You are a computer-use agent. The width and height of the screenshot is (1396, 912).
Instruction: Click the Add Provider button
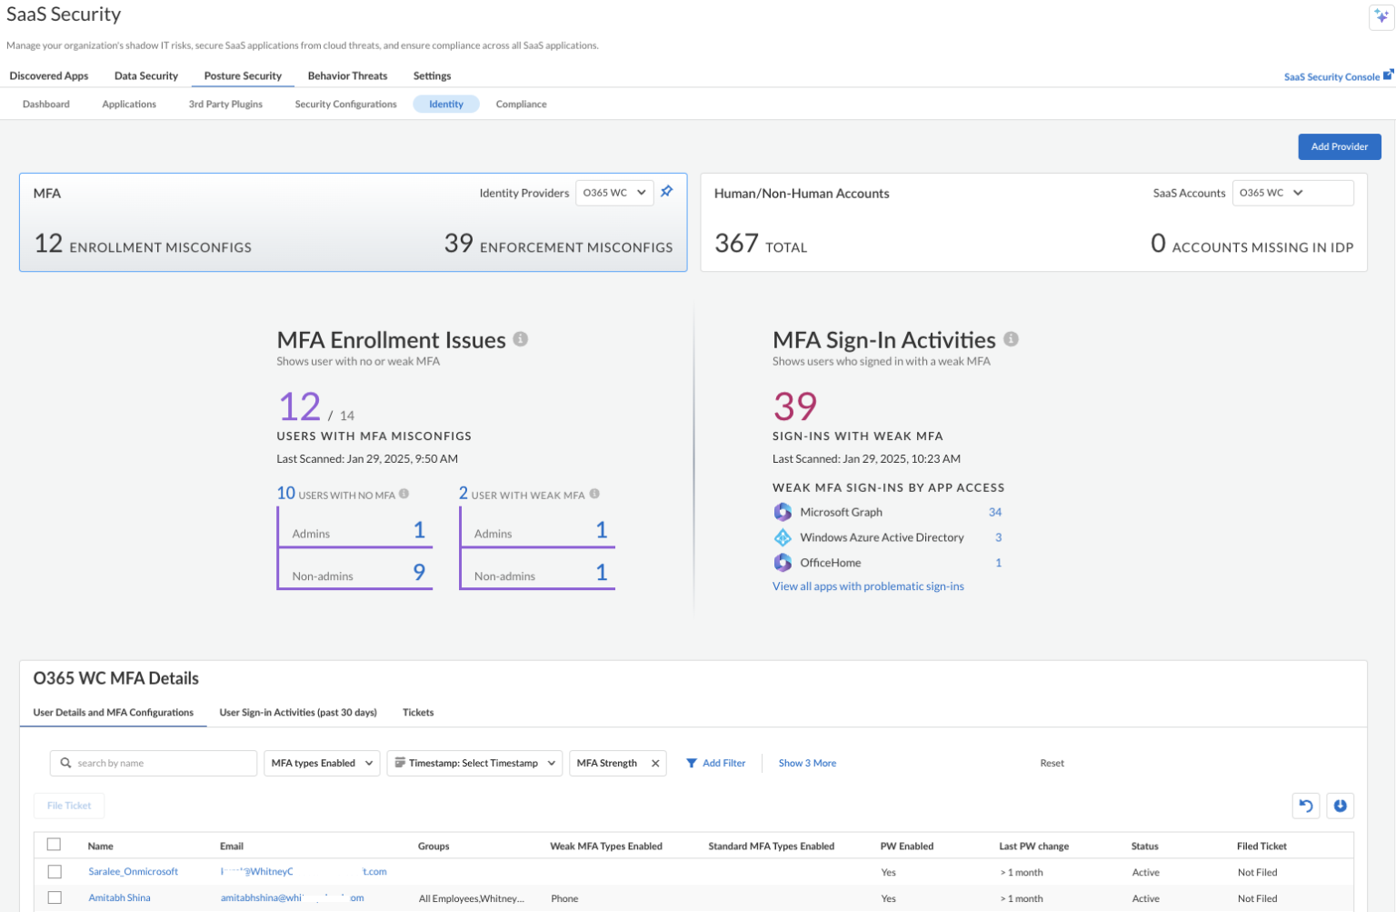[x=1339, y=146]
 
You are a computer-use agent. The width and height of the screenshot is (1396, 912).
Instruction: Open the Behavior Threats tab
[x=347, y=76]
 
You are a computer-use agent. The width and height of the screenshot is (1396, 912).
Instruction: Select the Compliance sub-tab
[x=521, y=105]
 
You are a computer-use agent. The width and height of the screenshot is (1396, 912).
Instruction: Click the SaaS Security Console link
[x=1331, y=77]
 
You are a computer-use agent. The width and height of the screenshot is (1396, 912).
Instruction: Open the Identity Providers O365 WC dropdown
[x=614, y=193]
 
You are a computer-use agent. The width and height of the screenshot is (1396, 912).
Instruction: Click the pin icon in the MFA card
[x=667, y=192]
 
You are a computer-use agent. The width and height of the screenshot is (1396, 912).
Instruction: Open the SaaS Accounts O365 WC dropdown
[x=1291, y=193]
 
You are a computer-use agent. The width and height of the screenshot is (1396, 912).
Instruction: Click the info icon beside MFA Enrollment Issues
[x=521, y=339]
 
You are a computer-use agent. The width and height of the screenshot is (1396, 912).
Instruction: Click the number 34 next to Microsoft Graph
[x=995, y=512]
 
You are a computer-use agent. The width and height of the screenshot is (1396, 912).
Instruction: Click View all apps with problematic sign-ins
[x=868, y=586]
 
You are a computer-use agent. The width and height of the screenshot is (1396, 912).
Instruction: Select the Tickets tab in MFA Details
[x=418, y=713]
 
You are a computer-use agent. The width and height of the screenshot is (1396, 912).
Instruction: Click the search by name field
[x=154, y=763]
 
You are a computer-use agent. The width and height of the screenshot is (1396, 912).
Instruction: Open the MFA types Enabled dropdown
[x=322, y=763]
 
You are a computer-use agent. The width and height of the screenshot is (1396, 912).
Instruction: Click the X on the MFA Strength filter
[x=655, y=764]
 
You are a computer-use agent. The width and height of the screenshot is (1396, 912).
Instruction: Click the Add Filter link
[x=716, y=763]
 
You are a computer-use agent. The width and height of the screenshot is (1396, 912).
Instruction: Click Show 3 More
[x=807, y=763]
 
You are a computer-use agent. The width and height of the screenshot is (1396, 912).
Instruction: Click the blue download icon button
[x=1341, y=806]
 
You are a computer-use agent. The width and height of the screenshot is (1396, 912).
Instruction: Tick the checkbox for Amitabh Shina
[x=55, y=897]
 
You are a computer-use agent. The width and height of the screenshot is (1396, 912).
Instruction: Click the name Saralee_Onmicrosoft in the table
[x=133, y=872]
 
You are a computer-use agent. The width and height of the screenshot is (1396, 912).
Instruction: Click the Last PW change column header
[x=1033, y=847]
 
